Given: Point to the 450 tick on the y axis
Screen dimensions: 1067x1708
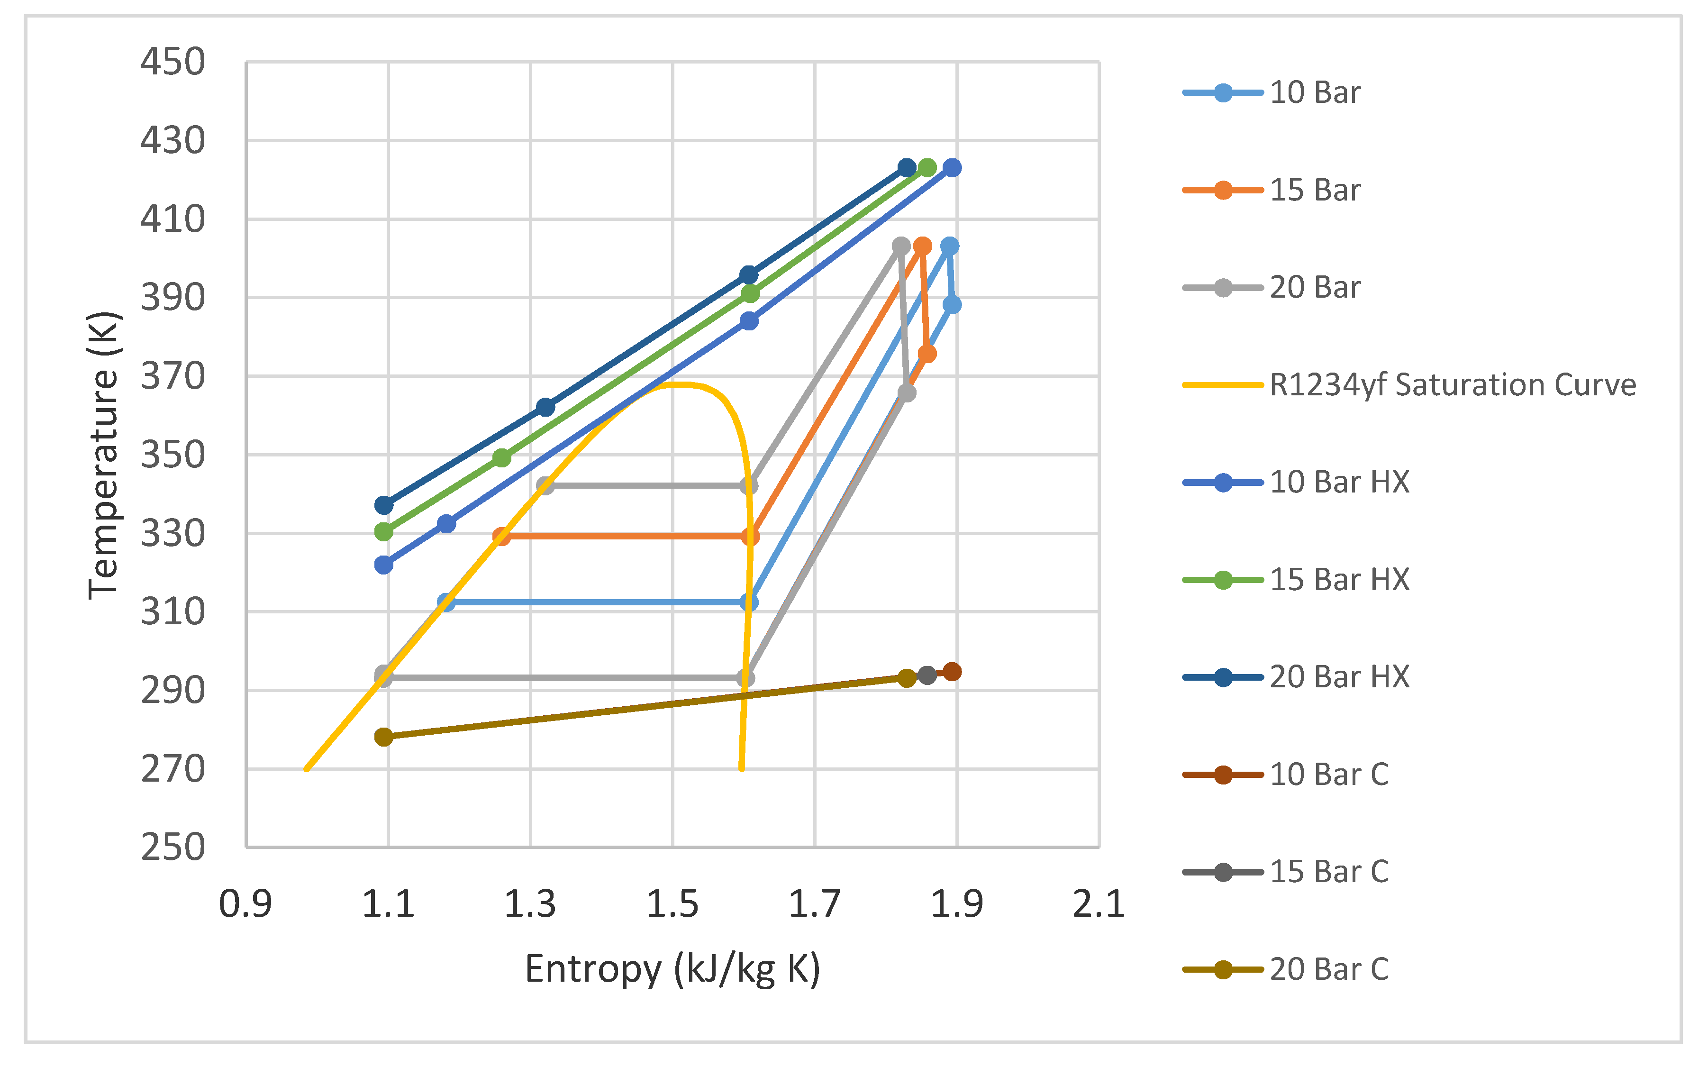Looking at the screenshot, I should [x=172, y=62].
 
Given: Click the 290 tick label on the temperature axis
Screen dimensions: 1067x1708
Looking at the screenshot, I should [x=172, y=690].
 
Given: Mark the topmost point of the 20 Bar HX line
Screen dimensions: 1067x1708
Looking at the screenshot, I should [x=907, y=168].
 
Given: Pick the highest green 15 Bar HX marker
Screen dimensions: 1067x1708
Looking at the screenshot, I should [x=927, y=168].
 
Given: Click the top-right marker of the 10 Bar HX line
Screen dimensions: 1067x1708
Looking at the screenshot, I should [x=952, y=168].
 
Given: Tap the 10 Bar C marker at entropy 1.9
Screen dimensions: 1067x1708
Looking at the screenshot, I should [x=952, y=672].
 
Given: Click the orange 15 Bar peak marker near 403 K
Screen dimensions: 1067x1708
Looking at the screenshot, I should [x=921, y=246].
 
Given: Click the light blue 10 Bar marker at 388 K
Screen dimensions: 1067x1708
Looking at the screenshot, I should [x=952, y=305].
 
